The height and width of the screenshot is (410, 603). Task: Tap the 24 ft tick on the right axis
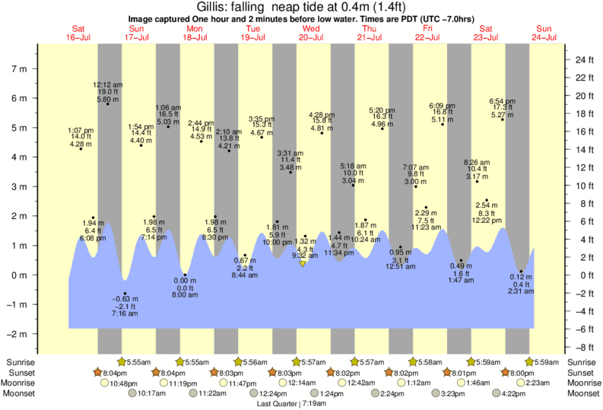(x=582, y=59)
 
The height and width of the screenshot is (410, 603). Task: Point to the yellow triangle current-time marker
(x=303, y=263)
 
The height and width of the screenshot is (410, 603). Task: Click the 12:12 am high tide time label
(x=108, y=85)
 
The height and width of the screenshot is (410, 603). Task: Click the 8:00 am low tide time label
(x=185, y=295)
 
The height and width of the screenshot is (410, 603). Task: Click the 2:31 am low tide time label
(x=521, y=291)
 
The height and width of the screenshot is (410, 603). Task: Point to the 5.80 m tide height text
(x=108, y=100)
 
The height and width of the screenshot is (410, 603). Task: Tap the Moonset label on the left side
(x=21, y=394)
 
